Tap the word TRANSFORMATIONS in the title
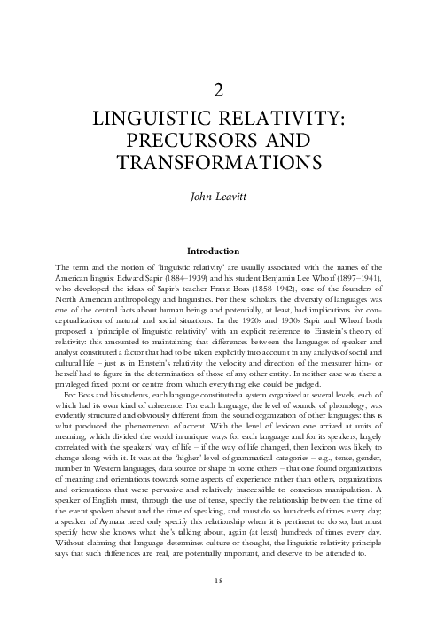pyautogui.click(x=218, y=164)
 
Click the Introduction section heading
pyautogui.click(x=218, y=251)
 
